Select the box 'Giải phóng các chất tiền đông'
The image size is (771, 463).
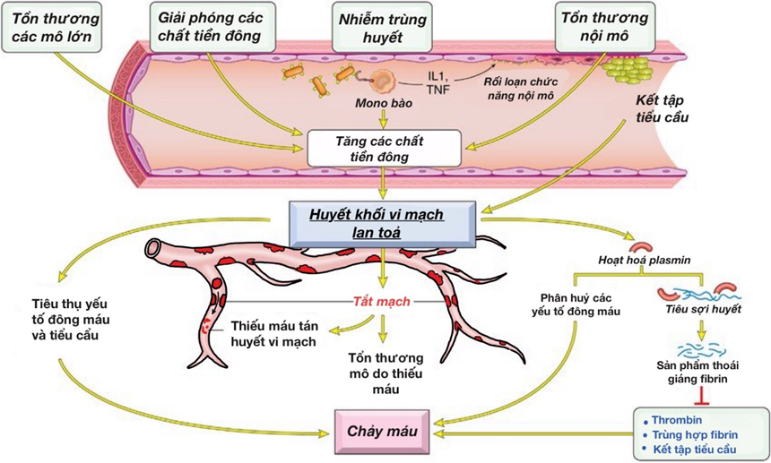[x=209, y=28]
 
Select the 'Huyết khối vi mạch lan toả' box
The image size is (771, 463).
[x=383, y=219]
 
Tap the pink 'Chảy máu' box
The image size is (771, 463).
[x=384, y=432]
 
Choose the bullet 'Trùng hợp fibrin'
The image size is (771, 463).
[x=694, y=433]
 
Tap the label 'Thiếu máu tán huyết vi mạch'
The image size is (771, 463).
[x=273, y=333]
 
